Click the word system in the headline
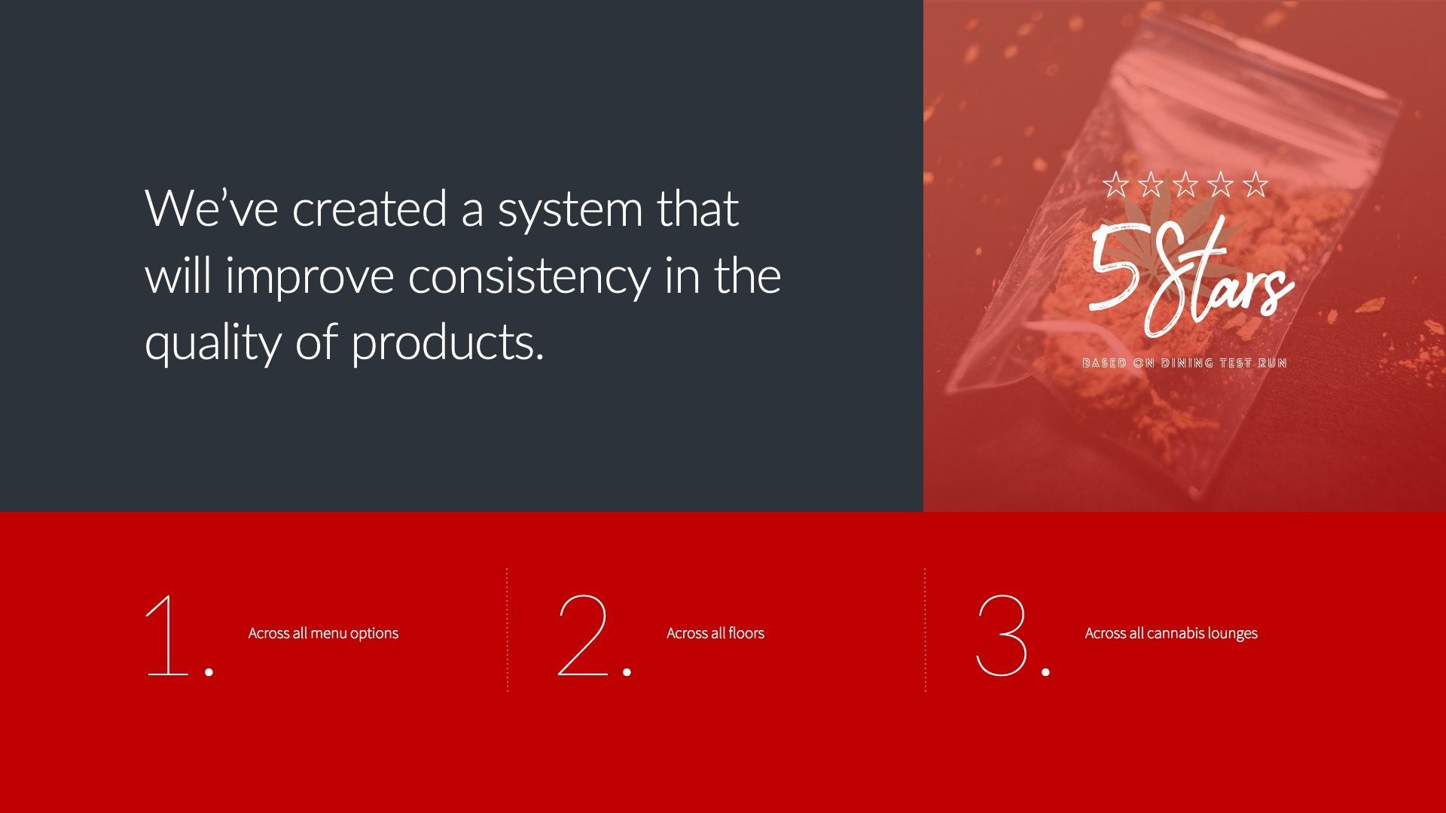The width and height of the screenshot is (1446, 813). [570, 209]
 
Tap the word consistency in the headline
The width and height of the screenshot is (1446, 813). [528, 276]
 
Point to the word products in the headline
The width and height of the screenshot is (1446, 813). [447, 343]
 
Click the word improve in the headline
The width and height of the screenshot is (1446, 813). [310, 276]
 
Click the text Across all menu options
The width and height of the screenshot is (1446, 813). [323, 633]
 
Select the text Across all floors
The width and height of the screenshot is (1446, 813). [715, 633]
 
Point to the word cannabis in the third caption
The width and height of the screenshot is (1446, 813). [1176, 633]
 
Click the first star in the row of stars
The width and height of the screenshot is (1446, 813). [1116, 184]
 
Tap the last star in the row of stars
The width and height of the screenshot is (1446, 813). [1255, 184]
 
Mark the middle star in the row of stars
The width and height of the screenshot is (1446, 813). [1185, 184]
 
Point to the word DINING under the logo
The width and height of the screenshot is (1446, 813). [1187, 363]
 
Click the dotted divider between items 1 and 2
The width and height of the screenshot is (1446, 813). [507, 629]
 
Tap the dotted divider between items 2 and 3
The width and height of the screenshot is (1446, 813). [925, 629]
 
